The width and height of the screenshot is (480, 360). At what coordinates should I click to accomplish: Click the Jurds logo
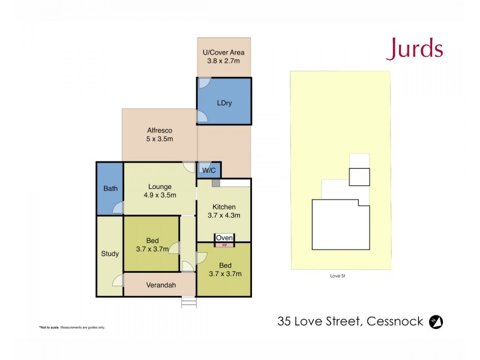[x=415, y=49]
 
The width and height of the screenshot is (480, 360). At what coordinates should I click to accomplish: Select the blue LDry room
[x=224, y=102]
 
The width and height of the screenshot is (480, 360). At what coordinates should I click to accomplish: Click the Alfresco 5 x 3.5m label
[x=160, y=134]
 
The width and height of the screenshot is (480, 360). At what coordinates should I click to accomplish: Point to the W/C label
[x=209, y=170]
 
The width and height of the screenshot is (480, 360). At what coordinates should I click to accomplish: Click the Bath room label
[x=110, y=188]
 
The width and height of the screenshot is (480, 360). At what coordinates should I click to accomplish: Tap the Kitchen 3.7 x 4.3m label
[x=224, y=211]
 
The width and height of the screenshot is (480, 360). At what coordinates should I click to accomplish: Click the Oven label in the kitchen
[x=224, y=238]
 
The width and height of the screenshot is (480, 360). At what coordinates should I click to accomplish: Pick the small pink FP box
[x=224, y=245]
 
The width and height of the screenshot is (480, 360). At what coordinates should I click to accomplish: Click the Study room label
[x=110, y=254]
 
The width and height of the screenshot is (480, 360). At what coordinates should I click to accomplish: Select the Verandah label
[x=160, y=286]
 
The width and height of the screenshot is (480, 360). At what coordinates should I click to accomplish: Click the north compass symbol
[x=437, y=322]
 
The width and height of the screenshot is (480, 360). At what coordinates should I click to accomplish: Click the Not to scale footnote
[x=72, y=328]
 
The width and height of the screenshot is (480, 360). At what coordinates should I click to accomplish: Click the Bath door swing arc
[x=119, y=208]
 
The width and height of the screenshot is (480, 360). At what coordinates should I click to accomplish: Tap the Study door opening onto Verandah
[x=118, y=280]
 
